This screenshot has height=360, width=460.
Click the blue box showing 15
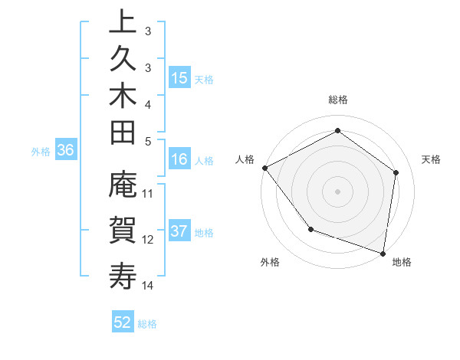tap(179, 78)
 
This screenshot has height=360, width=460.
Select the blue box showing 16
tap(179, 159)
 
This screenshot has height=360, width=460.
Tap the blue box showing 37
tap(179, 232)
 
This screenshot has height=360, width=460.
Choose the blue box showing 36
tap(65, 151)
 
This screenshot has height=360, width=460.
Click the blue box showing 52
tap(123, 322)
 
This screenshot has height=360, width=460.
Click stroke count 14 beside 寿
tap(148, 286)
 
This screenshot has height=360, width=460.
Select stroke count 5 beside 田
tap(148, 141)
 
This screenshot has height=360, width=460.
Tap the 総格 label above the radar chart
tap(338, 100)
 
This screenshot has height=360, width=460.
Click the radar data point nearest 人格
tap(264, 168)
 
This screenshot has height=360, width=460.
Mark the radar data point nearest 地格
tap(383, 253)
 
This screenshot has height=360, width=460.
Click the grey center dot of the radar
tap(338, 191)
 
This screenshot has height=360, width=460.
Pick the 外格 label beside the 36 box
tap(41, 152)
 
